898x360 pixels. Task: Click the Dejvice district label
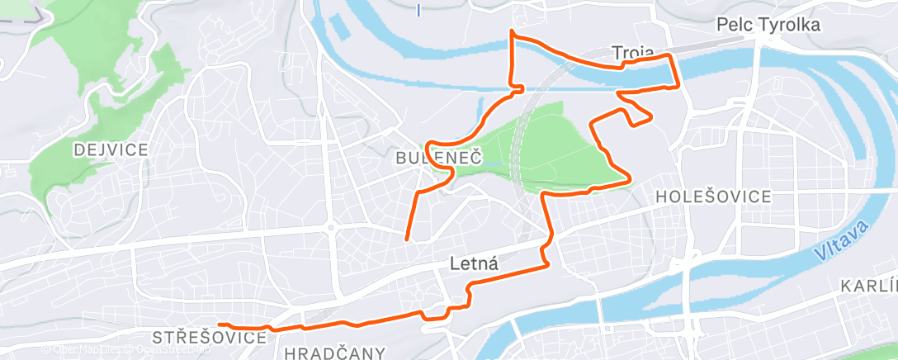pyautogui.click(x=111, y=149)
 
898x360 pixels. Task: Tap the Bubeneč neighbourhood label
pyautogui.click(x=437, y=157)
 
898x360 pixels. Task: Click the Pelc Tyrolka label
pyautogui.click(x=768, y=26)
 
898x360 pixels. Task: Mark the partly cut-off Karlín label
pyautogui.click(x=868, y=286)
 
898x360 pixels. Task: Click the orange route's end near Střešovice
pyautogui.click(x=220, y=324)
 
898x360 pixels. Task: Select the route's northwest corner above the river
pyautogui.click(x=513, y=32)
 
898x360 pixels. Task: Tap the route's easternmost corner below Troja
pyautogui.click(x=678, y=85)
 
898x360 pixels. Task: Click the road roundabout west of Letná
pyautogui.click(x=329, y=227)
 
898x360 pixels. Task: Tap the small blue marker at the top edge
pyautogui.click(x=418, y=11)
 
